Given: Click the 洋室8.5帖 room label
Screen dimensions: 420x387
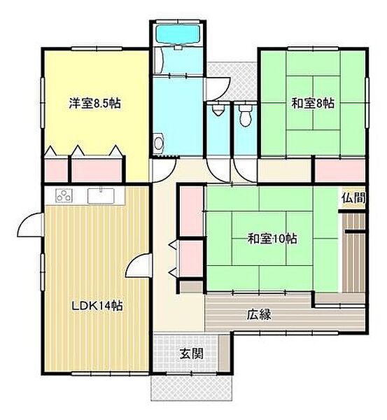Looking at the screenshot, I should tap(94, 102).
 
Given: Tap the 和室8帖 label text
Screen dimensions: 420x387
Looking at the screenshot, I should tap(313, 104).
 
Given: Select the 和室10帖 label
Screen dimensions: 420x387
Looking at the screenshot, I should tap(272, 238).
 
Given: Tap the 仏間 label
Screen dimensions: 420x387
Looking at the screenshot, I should tap(353, 198).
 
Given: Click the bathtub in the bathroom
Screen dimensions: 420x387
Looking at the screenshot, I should tap(177, 34).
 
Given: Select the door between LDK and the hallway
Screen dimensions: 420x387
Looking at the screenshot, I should tap(140, 266).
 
